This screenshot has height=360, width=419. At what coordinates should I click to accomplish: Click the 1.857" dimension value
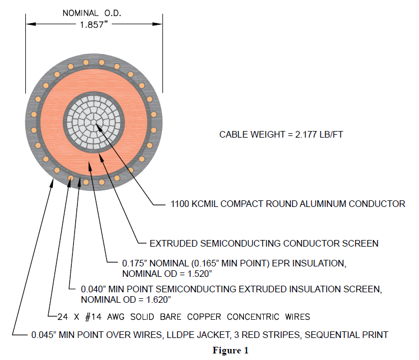pos(94,25)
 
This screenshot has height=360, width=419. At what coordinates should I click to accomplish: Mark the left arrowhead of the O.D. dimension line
pos(29,24)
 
